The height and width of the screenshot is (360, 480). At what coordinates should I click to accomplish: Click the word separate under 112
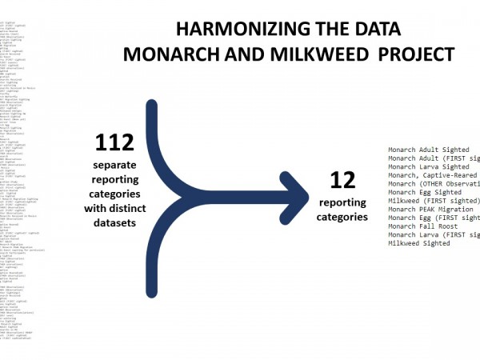[x=114, y=166]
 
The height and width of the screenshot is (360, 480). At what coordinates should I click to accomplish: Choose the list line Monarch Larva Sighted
[x=429, y=166]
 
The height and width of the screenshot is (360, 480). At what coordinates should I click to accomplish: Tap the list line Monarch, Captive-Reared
[x=433, y=175]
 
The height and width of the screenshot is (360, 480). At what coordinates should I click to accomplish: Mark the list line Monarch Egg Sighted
[x=425, y=192]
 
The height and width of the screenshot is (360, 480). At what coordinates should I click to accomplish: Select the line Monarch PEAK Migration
[x=431, y=210]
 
